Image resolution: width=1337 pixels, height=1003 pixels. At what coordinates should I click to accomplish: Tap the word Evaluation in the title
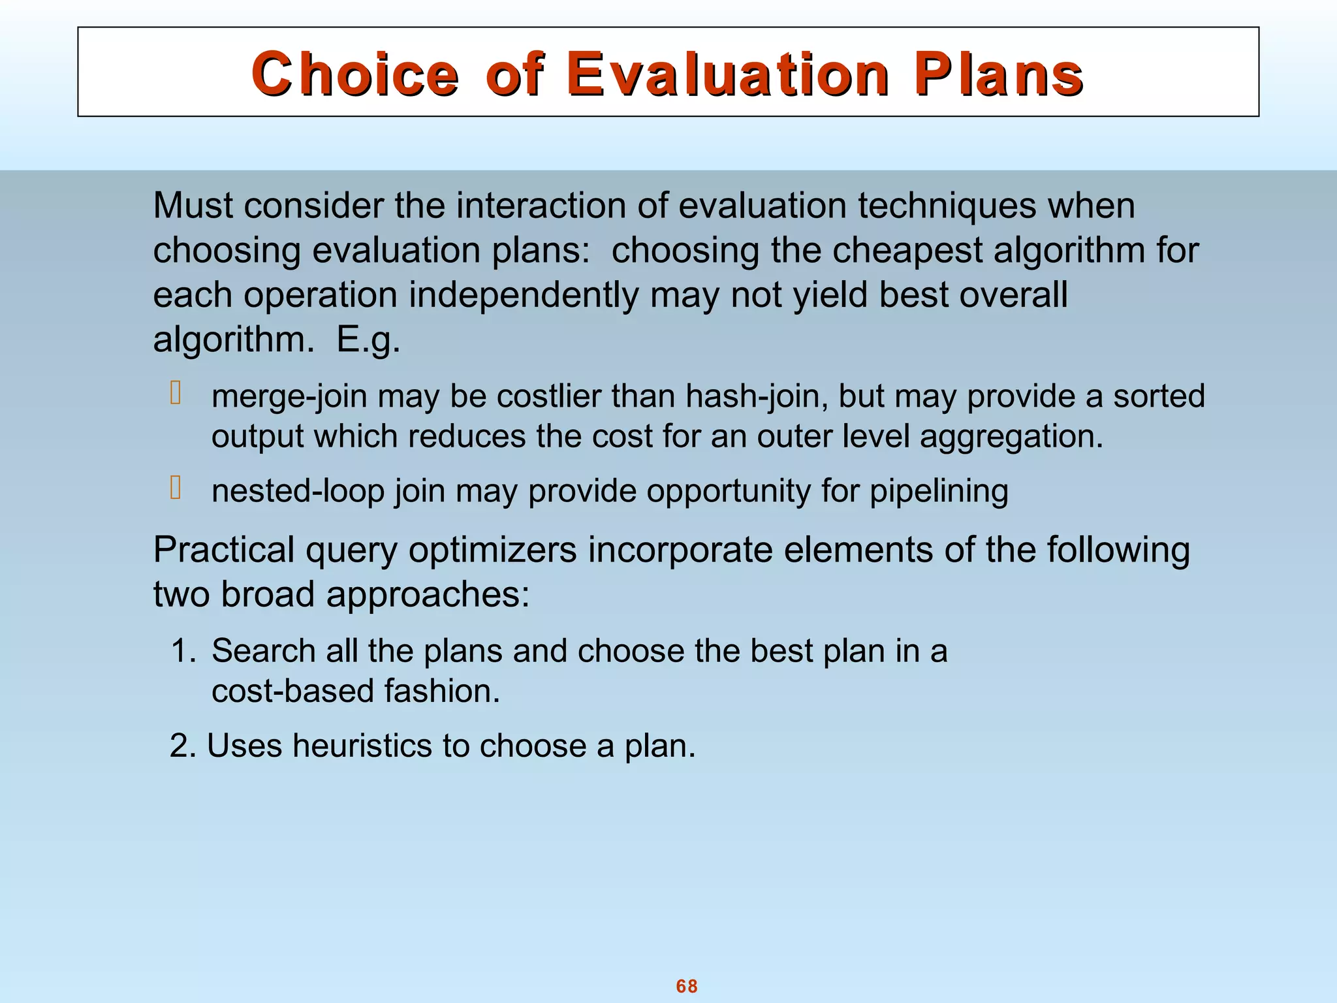(727, 74)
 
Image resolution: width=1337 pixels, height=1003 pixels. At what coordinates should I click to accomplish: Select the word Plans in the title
(998, 74)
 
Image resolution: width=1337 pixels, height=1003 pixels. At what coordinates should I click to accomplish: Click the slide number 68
(687, 986)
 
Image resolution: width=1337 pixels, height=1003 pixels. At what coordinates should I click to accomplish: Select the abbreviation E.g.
(368, 340)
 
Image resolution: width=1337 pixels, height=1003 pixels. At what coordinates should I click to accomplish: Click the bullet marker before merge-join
(175, 393)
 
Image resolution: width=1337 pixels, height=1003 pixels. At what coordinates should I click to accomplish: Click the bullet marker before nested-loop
(175, 488)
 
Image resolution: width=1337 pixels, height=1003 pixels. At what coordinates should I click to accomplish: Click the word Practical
(223, 550)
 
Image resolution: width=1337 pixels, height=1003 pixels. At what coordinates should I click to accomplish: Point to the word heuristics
(362, 746)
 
